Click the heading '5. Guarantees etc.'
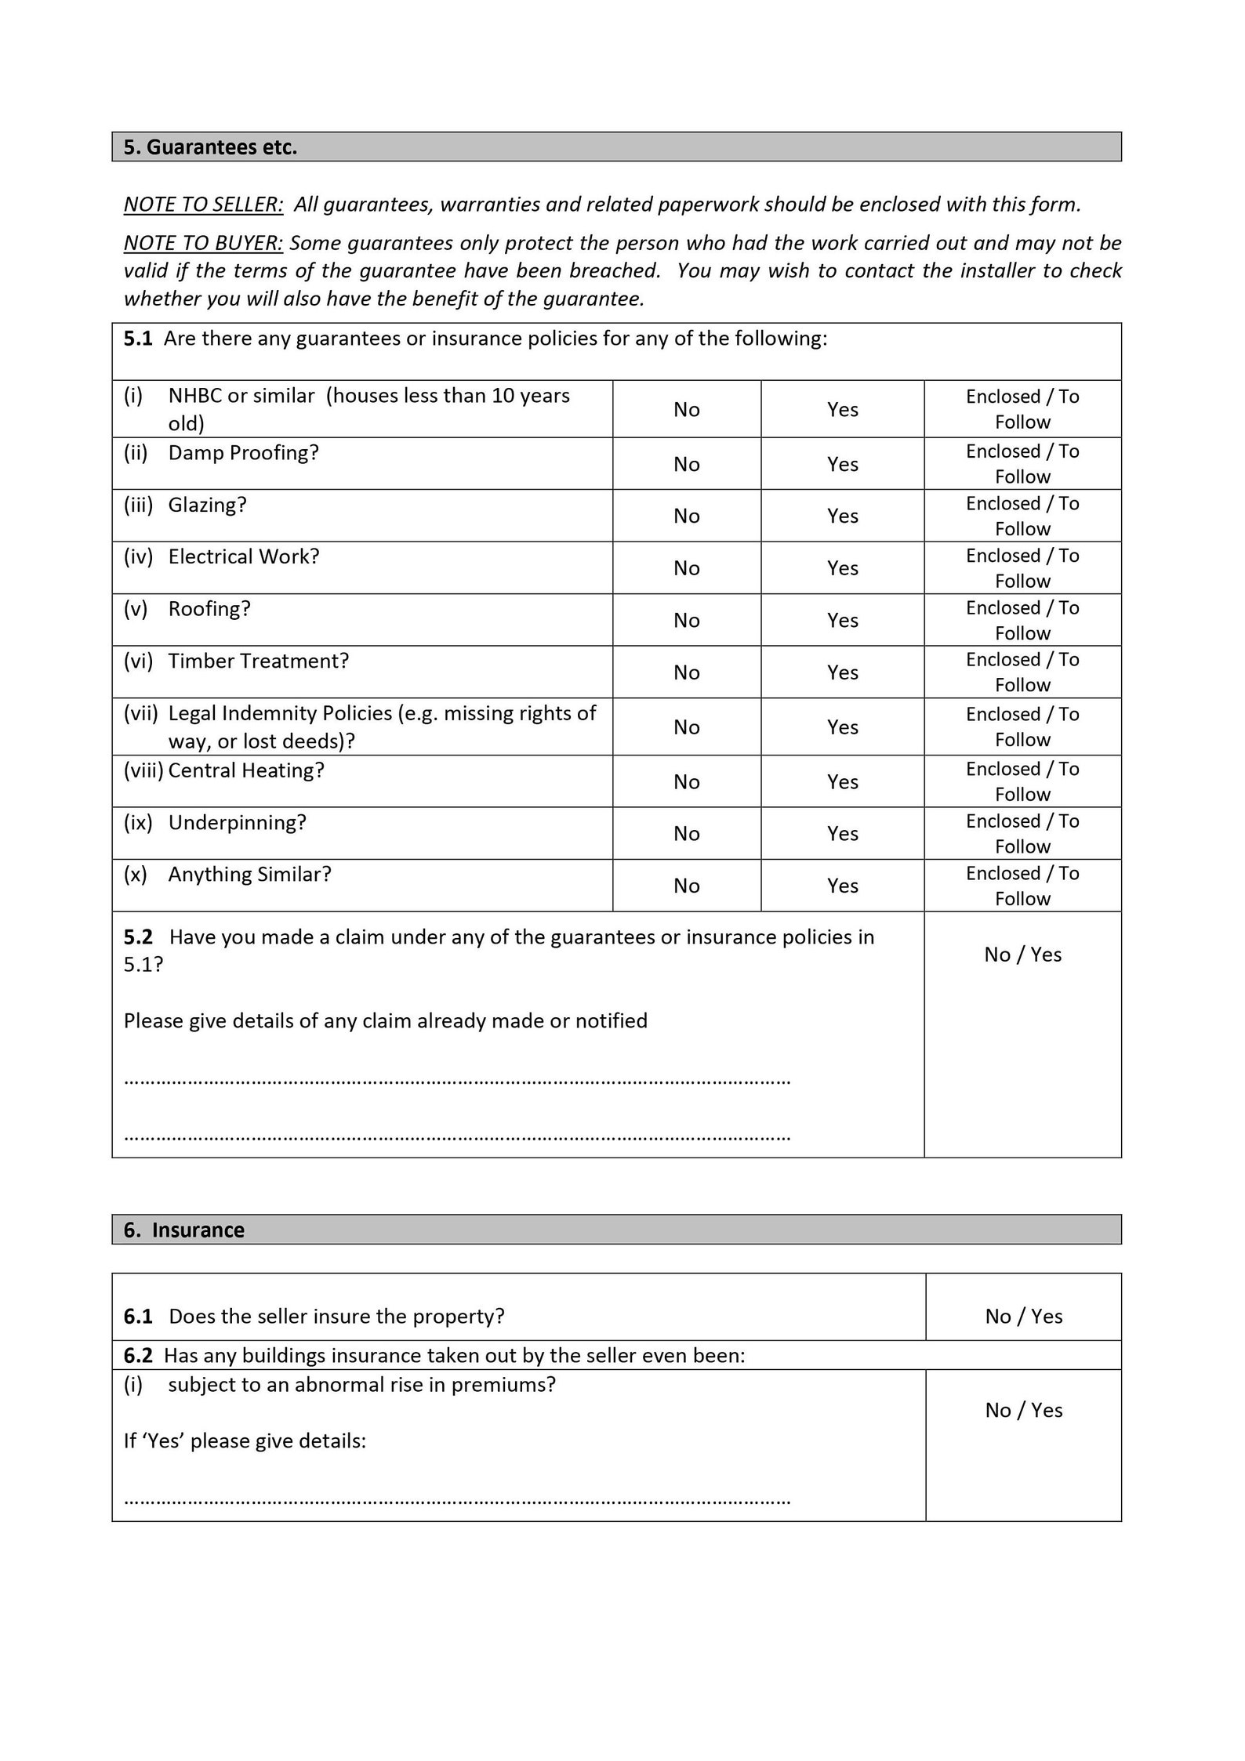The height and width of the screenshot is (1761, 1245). (x=210, y=147)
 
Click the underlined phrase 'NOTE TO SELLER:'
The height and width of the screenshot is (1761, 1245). (x=203, y=205)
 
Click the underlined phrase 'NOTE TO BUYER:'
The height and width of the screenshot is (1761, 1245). (x=203, y=243)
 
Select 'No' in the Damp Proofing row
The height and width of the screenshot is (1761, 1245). (x=686, y=464)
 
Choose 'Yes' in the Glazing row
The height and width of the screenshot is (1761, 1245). (x=842, y=516)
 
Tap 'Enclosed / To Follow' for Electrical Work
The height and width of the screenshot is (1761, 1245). (x=1022, y=567)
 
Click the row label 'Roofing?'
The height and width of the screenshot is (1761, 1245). (x=209, y=609)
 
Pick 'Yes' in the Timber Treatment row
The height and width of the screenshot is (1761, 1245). (x=842, y=672)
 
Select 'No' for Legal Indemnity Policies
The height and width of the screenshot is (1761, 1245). (x=686, y=727)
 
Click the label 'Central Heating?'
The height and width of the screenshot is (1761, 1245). (x=245, y=770)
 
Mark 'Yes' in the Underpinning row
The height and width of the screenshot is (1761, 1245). (x=842, y=833)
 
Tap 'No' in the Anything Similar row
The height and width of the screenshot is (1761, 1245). (x=686, y=886)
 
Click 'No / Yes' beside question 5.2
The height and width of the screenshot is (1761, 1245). (x=1022, y=955)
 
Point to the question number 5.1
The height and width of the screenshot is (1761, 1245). (x=138, y=339)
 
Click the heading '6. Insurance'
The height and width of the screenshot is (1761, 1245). (x=184, y=1230)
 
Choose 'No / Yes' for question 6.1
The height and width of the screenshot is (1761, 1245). (x=1023, y=1316)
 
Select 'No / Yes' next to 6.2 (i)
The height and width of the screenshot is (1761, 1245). (x=1023, y=1410)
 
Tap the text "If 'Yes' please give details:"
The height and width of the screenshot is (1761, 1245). (x=245, y=1440)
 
